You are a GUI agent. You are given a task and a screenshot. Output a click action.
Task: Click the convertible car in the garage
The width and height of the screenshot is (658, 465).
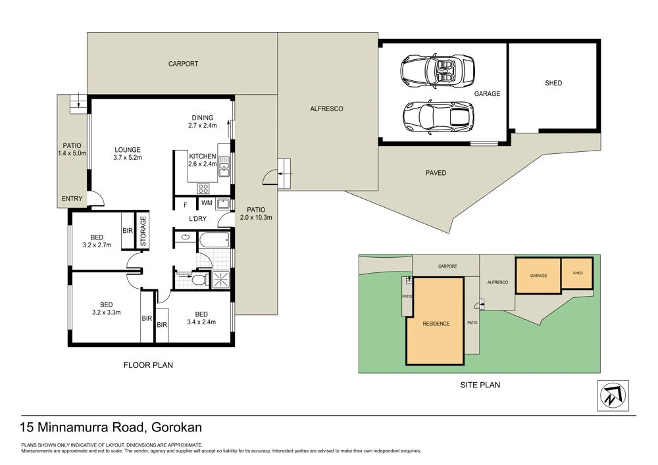[438, 70]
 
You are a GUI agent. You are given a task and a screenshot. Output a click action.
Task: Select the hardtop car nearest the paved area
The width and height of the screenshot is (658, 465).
[438, 116]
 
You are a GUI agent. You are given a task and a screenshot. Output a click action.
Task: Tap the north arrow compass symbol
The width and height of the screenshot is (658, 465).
[613, 395]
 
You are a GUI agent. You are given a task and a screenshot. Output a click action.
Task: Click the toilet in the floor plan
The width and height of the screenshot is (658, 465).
[197, 280]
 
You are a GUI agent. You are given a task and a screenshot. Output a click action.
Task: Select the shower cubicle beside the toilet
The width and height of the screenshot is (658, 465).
[220, 280]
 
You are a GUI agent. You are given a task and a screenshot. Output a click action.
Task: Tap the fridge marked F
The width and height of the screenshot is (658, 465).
[186, 204]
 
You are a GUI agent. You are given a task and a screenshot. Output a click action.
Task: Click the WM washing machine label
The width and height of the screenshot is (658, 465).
[207, 203]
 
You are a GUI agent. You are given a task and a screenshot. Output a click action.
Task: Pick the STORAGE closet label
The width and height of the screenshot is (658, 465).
[143, 230]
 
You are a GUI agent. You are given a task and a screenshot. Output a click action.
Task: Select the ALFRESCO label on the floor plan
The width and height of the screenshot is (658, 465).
[327, 109]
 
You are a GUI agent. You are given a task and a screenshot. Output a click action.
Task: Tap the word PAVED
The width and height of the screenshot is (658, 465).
[436, 173]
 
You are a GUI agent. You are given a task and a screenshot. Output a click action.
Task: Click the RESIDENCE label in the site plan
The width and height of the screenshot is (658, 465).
[436, 324]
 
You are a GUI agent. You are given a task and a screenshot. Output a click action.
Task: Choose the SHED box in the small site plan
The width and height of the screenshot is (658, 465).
[577, 273]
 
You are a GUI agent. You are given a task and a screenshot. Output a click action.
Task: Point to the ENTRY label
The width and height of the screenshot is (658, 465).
[72, 199]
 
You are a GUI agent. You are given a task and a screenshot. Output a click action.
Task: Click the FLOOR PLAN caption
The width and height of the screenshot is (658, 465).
[148, 364]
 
